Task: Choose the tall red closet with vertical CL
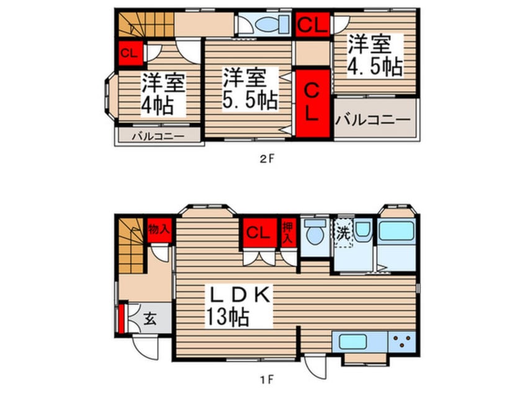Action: click(x=312, y=104)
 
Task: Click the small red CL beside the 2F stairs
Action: click(x=128, y=52)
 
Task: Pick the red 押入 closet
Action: click(x=289, y=231)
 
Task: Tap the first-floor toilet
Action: click(x=316, y=233)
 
